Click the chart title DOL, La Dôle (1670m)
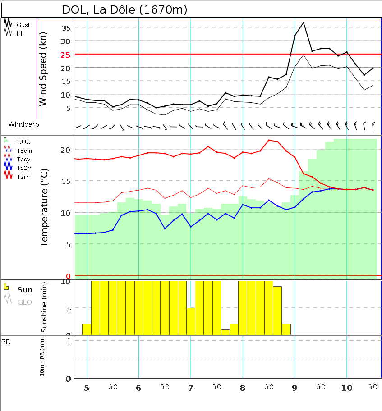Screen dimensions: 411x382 (124, 9)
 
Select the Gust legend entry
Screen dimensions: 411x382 (23, 25)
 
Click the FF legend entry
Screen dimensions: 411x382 (20, 33)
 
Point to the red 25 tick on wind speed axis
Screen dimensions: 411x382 (66, 55)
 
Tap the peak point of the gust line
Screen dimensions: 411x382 (304, 23)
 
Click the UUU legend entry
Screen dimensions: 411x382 (24, 142)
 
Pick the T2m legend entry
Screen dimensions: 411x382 (23, 177)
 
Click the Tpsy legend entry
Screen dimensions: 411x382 (23, 159)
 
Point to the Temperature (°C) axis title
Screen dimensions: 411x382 (44, 208)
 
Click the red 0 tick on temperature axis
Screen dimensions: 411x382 (69, 276)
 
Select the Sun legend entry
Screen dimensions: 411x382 (25, 290)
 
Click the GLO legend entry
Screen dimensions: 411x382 (24, 302)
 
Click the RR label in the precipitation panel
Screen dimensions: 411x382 (6, 342)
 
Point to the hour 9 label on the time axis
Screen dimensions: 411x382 (295, 388)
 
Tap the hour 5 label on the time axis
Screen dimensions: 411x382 (87, 388)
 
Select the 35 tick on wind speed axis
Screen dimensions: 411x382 (66, 28)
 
